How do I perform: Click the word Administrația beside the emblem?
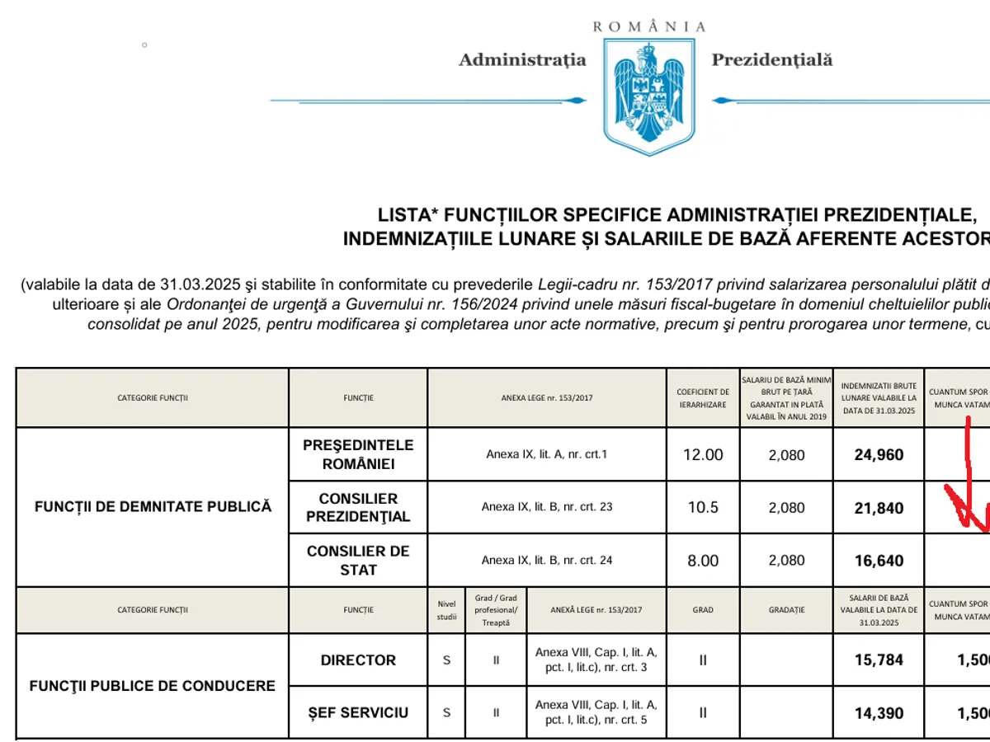[522, 60]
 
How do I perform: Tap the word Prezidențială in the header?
[772, 60]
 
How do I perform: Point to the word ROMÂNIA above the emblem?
[649, 26]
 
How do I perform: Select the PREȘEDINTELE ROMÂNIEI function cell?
[358, 454]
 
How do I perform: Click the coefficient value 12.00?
[703, 455]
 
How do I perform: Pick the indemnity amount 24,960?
[879, 455]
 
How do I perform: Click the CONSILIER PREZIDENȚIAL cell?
[358, 508]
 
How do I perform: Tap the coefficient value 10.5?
[703, 508]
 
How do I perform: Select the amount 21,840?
[879, 508]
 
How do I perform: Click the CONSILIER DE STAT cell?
[358, 561]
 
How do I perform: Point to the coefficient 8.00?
[703, 561]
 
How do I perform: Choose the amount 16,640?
[879, 561]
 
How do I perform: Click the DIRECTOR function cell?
[358, 660]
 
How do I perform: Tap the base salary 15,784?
[879, 660]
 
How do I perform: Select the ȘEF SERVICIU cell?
[358, 712]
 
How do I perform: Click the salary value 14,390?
[879, 713]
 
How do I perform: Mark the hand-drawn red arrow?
[969, 486]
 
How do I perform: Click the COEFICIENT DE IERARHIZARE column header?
[703, 398]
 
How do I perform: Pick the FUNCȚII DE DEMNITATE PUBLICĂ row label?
[153, 507]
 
